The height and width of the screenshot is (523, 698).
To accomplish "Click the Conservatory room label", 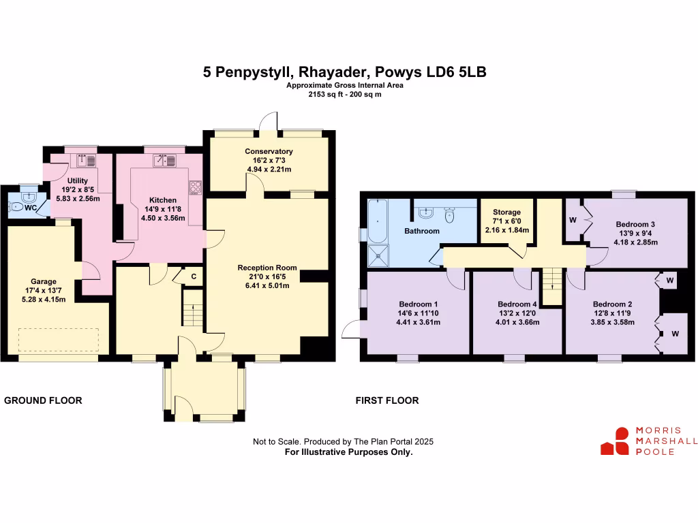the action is coord(269,151).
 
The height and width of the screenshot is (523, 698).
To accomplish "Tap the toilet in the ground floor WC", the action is coord(16,207).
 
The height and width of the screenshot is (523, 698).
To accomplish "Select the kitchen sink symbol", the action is coord(164,160).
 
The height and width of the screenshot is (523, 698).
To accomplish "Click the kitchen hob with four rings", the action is coord(196,187).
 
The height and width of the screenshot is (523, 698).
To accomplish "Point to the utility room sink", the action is coord(87,160).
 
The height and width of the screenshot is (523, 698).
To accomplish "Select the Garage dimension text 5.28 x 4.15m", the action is coord(44,300).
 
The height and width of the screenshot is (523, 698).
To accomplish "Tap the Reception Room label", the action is coord(267,268).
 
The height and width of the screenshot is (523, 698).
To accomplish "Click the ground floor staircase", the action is coord(193,308).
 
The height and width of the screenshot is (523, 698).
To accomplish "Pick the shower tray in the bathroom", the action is coord(378,256).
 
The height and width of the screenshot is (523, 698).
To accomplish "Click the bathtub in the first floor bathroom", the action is coord(378,221).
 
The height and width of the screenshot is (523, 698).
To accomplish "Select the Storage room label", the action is coord(506,212).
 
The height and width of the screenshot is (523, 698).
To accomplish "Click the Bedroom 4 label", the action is coord(517,304).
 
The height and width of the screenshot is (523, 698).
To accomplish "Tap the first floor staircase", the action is coord(552,287).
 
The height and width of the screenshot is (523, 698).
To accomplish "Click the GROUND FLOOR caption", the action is coord(43,400).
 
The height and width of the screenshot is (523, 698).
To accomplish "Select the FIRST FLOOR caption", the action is coord(387,400).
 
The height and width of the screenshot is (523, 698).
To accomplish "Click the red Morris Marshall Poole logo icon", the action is coord(615,441).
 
